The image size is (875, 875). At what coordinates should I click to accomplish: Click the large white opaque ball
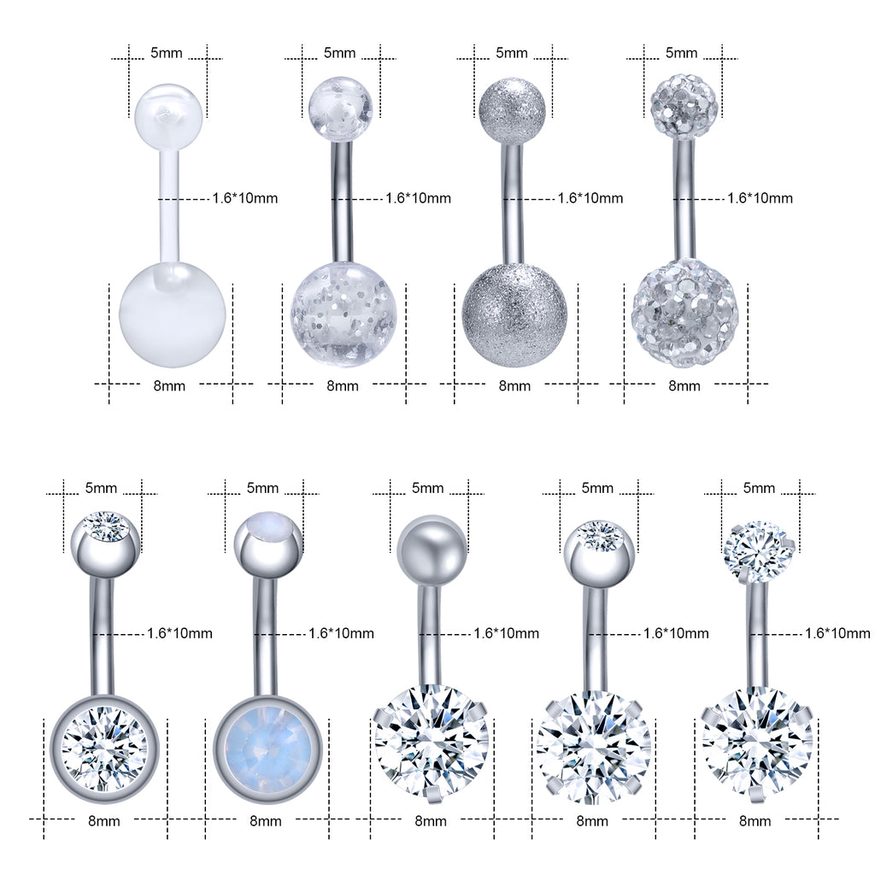[173, 314]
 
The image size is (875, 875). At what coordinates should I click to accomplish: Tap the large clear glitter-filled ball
[344, 314]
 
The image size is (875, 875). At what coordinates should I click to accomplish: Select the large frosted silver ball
[514, 314]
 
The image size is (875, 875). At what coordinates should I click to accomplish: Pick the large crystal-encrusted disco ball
[685, 313]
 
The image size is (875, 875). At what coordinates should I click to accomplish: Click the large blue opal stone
[268, 749]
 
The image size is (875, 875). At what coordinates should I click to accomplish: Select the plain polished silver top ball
[431, 549]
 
